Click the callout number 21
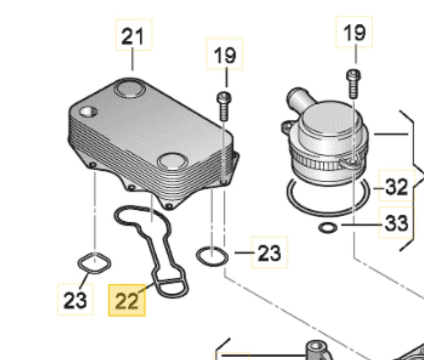tap(132, 37)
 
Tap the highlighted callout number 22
tap(127, 300)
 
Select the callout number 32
tap(396, 187)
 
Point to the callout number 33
tap(396, 223)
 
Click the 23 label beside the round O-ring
tap(269, 253)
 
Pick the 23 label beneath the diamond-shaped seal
tap(75, 300)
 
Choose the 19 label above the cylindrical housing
tap(355, 33)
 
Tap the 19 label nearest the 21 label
tap(225, 55)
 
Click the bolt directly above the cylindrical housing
tap(353, 84)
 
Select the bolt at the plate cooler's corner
tap(224, 107)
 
